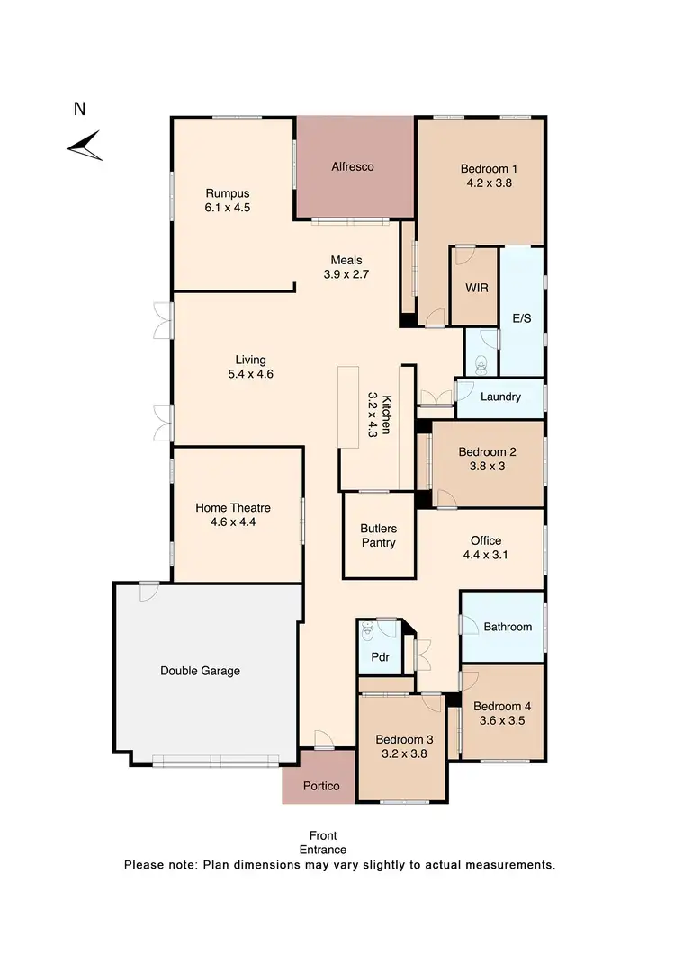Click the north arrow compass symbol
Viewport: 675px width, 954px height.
[x=85, y=145]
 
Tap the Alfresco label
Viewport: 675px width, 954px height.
[x=352, y=166]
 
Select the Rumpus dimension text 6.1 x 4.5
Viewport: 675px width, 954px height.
[x=227, y=207]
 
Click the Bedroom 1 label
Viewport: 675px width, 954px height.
[x=489, y=168]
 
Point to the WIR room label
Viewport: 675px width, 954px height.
[x=476, y=289]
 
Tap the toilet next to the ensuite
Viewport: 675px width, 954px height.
[x=481, y=363]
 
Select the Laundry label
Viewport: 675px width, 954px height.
[x=501, y=397]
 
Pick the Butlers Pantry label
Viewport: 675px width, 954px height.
[x=378, y=536]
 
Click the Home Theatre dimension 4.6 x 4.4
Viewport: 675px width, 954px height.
[x=233, y=522]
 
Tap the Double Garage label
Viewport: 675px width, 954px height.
[x=200, y=670]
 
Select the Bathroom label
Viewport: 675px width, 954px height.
[x=508, y=627]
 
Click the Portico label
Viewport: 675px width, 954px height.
[x=322, y=786]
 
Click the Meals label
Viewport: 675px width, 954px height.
[x=346, y=260]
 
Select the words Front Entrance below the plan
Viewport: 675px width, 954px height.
[x=323, y=843]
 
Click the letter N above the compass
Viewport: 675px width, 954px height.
[x=79, y=110]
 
